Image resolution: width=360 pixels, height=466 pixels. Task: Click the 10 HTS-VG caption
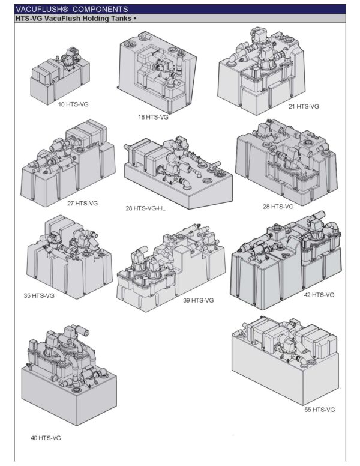tap(73, 104)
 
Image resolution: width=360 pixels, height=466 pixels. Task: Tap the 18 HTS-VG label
tap(153, 117)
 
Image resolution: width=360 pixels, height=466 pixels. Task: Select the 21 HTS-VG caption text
tap(304, 106)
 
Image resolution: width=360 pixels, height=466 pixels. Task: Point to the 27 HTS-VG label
tap(82, 203)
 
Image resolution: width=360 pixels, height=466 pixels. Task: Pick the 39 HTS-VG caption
tap(199, 300)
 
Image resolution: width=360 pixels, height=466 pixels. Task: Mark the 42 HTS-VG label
tap(319, 295)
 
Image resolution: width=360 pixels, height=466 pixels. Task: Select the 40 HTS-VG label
tap(46, 438)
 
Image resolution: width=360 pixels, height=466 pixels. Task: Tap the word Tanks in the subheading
tap(125, 19)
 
